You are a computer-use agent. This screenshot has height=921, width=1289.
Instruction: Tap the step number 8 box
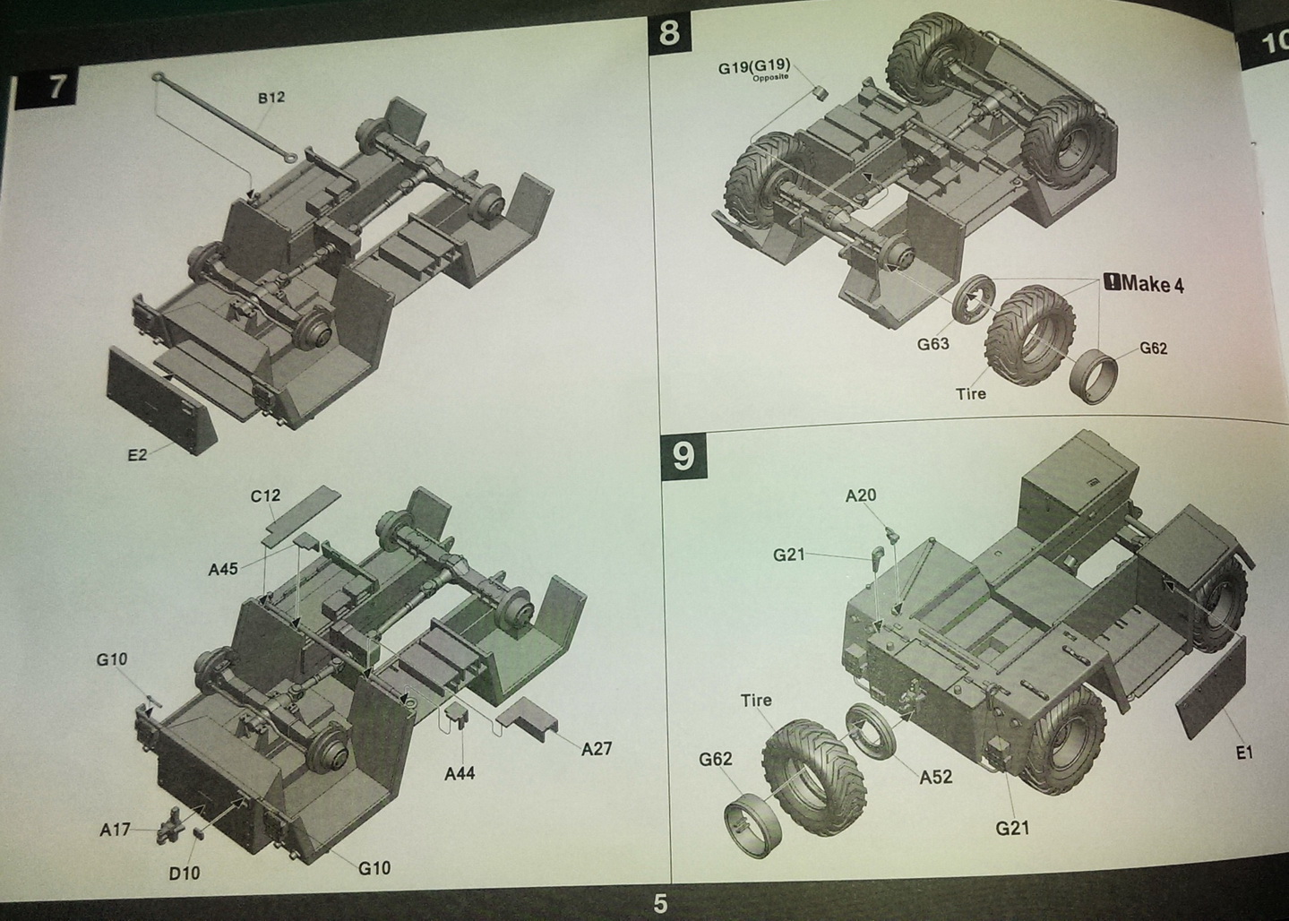(670, 32)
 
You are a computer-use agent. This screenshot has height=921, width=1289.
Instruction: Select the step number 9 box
(683, 456)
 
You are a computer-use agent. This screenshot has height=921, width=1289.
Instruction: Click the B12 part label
(271, 98)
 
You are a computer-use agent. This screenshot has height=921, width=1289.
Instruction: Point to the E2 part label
(138, 455)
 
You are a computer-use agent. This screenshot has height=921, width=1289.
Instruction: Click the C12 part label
(265, 495)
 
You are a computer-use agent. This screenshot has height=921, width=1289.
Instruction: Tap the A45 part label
(223, 569)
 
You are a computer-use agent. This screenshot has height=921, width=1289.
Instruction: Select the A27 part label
(597, 749)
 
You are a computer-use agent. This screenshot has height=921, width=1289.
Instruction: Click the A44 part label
(460, 773)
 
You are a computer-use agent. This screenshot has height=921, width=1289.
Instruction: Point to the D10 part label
(185, 874)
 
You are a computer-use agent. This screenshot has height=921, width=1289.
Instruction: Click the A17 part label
(115, 830)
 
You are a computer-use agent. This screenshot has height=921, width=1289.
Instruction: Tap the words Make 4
(1152, 284)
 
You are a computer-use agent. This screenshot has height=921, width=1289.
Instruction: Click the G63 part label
(932, 344)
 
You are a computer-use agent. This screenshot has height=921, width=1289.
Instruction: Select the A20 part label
(861, 495)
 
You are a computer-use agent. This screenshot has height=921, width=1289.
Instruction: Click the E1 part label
(1244, 753)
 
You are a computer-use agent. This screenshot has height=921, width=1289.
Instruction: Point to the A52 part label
(936, 777)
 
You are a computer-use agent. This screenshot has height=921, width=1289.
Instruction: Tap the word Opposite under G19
(770, 77)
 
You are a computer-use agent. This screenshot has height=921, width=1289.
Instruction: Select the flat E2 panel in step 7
(162, 401)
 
